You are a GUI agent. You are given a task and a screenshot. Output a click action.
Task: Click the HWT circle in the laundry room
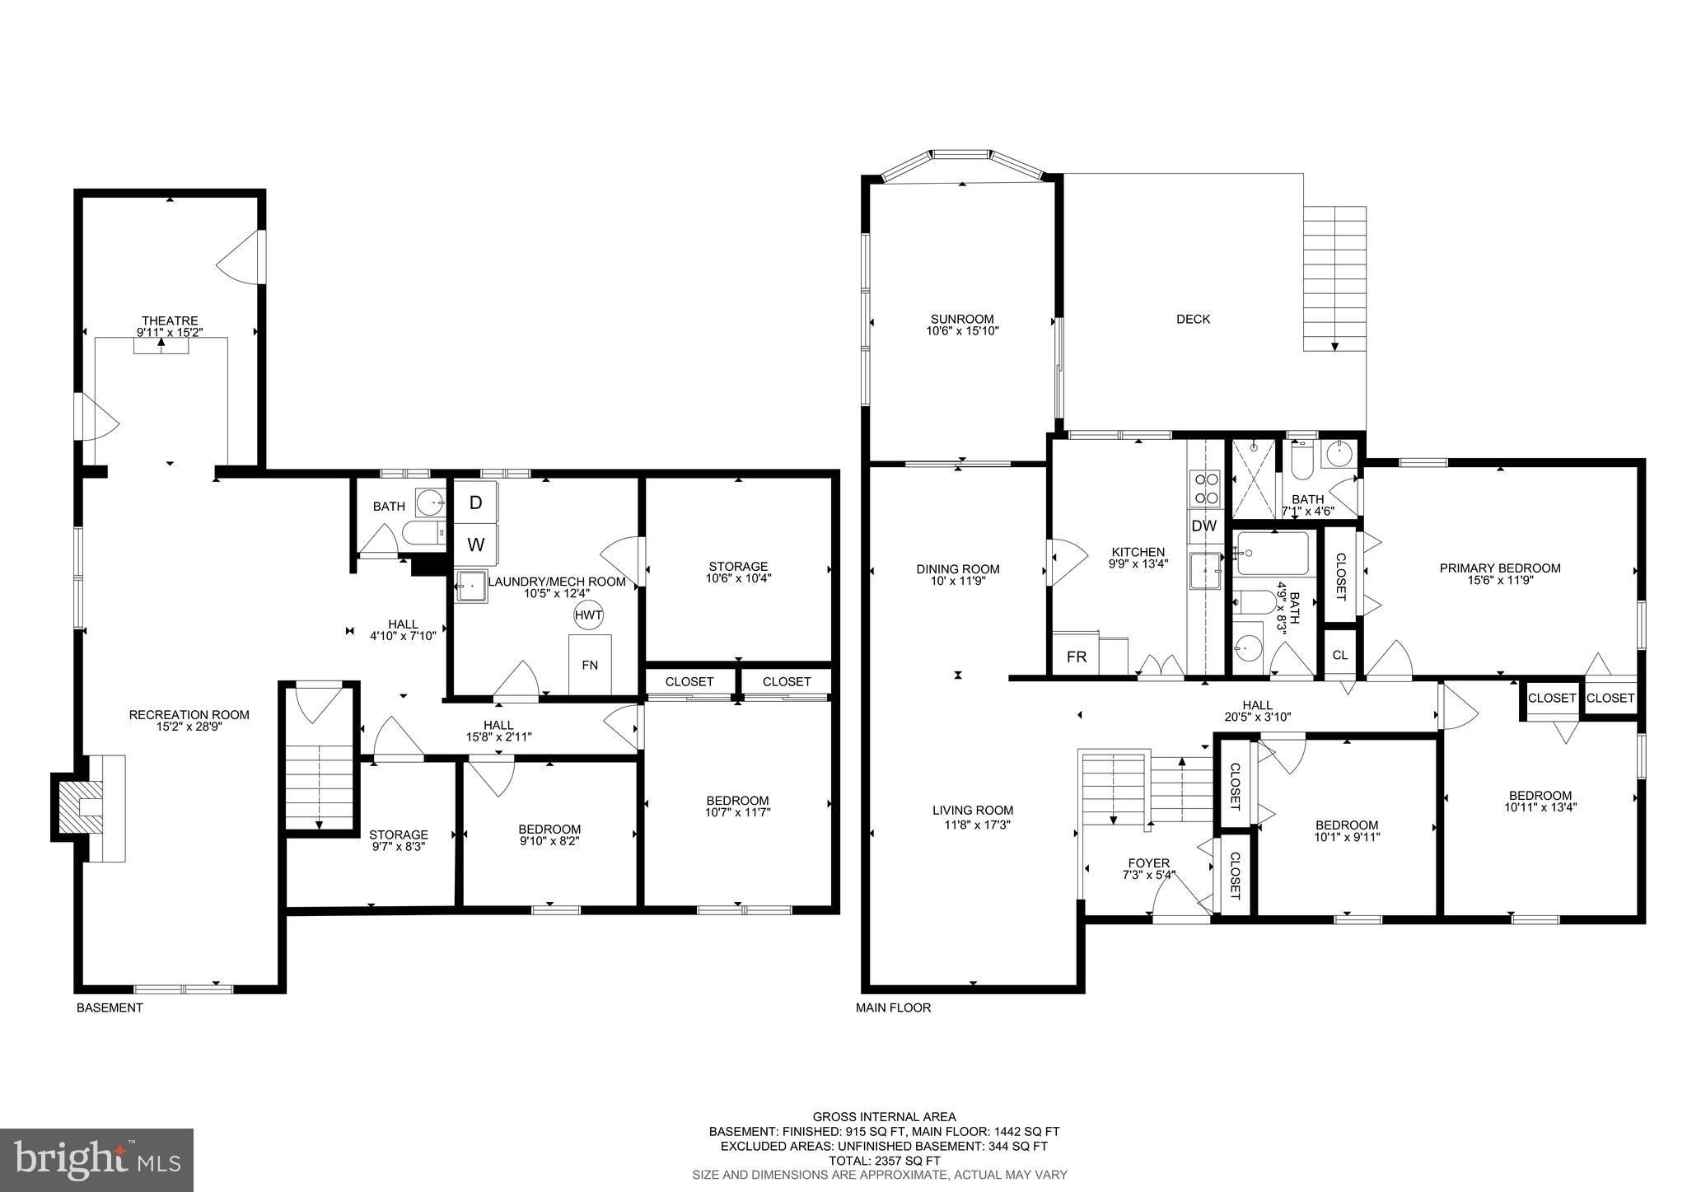[588, 615]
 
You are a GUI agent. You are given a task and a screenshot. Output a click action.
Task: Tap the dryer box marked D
[475, 503]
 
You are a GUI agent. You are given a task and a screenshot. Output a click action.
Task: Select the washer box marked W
[475, 545]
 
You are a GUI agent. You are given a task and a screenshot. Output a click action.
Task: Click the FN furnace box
[590, 664]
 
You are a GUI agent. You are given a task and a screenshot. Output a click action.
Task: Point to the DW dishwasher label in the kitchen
[1203, 526]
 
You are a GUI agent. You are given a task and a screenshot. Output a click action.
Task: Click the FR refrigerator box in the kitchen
[1076, 657]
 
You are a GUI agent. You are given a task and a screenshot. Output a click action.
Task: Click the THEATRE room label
[170, 320]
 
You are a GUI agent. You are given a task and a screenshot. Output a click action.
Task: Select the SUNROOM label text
[962, 319]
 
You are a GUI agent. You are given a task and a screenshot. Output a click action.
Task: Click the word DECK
[1193, 319]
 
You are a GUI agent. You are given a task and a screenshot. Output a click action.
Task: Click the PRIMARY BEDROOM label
[1499, 568]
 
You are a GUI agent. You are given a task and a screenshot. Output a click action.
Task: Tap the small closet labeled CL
[1340, 655]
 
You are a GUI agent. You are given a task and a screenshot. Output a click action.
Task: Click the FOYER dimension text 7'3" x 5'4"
[1148, 876]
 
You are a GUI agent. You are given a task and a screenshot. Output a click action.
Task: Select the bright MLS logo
[96, 1160]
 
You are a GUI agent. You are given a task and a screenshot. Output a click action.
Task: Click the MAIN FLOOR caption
[893, 1007]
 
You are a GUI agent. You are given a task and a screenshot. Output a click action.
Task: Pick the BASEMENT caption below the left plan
[110, 1007]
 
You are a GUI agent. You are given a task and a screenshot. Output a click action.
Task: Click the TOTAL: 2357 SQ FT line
[884, 1160]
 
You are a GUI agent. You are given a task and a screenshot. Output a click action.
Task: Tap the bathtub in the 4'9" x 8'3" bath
[1273, 554]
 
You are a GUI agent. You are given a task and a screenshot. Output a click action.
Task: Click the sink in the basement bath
[429, 500]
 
